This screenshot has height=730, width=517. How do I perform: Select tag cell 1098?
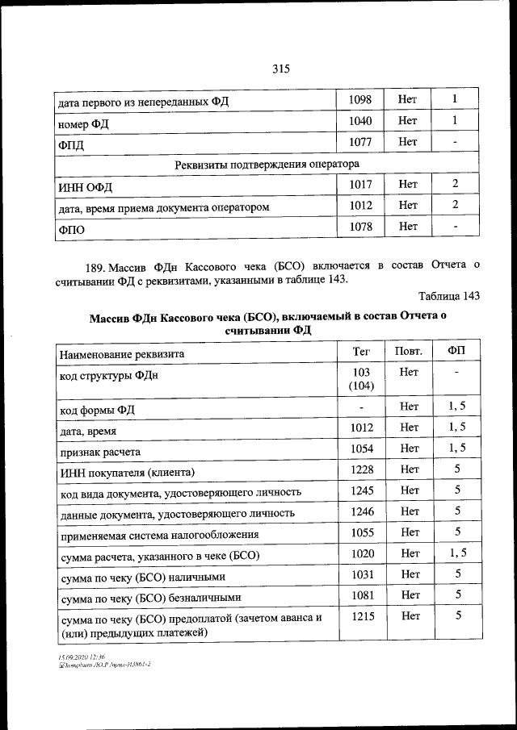coord(360,99)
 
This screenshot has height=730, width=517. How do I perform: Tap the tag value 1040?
coord(360,121)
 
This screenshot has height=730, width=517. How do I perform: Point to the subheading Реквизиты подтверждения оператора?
coord(267,164)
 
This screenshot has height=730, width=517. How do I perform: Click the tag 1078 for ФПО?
coord(360,227)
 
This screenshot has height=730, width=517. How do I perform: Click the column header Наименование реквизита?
coord(122,353)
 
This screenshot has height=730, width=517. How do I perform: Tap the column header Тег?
coord(360,351)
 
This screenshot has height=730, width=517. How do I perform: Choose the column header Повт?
coord(408,351)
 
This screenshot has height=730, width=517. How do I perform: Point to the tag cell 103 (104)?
coord(360,379)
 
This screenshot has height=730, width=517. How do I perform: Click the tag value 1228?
coord(360,469)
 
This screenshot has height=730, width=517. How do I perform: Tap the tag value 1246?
coord(360,511)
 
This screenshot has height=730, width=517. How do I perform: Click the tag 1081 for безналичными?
coord(360,594)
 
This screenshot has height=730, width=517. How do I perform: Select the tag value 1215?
coord(360,616)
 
